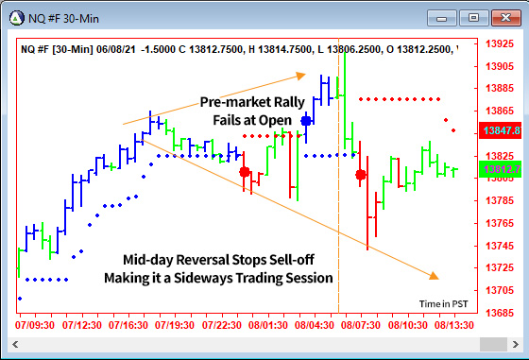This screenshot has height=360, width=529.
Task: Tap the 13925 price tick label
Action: click(x=500, y=43)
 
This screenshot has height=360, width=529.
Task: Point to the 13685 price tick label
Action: click(x=500, y=313)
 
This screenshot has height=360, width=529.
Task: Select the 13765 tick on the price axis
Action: click(x=500, y=223)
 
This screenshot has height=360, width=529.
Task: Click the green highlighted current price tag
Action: click(x=500, y=169)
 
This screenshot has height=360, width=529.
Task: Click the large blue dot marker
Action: click(x=306, y=120)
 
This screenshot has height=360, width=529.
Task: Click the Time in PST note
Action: click(x=444, y=303)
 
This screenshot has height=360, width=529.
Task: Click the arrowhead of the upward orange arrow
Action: click(x=300, y=74)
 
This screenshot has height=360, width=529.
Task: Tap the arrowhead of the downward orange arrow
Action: click(x=434, y=276)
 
